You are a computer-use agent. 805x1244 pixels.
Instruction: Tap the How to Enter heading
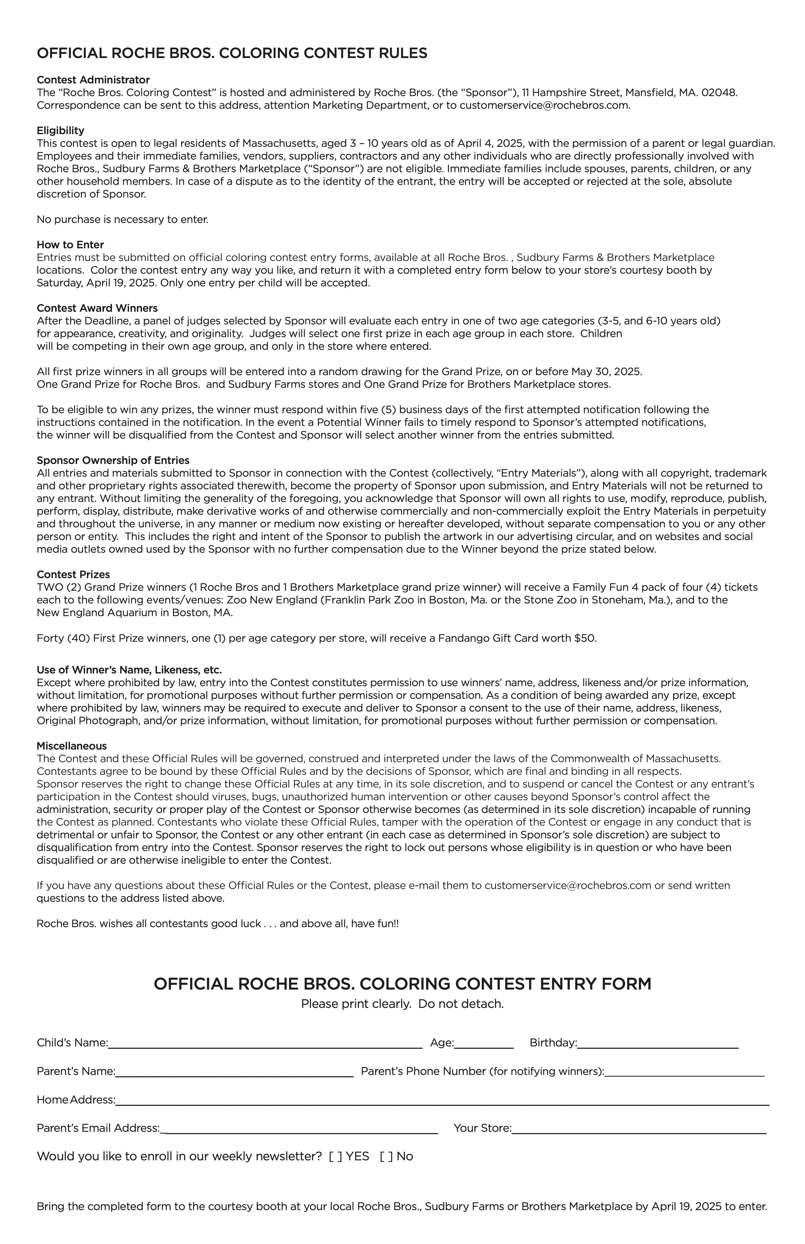70,245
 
